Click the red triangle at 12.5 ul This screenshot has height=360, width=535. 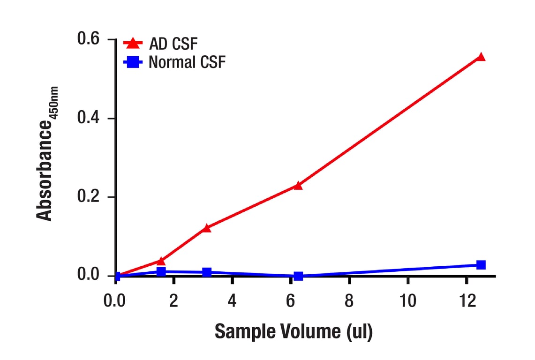(x=481, y=57)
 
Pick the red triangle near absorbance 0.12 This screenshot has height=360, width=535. (x=207, y=228)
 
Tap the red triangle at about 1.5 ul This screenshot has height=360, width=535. (x=161, y=261)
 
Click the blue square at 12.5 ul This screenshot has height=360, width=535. (x=481, y=265)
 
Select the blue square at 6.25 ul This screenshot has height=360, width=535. (x=298, y=276)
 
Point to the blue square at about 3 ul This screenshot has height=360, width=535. (x=207, y=272)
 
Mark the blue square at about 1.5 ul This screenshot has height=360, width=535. (x=161, y=271)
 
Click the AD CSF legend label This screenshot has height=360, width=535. (x=173, y=44)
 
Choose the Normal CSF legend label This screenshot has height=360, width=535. (x=187, y=62)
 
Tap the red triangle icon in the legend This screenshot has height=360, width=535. (x=133, y=44)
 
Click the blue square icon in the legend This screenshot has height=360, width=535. (x=133, y=62)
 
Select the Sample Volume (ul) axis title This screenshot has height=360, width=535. (x=294, y=331)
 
